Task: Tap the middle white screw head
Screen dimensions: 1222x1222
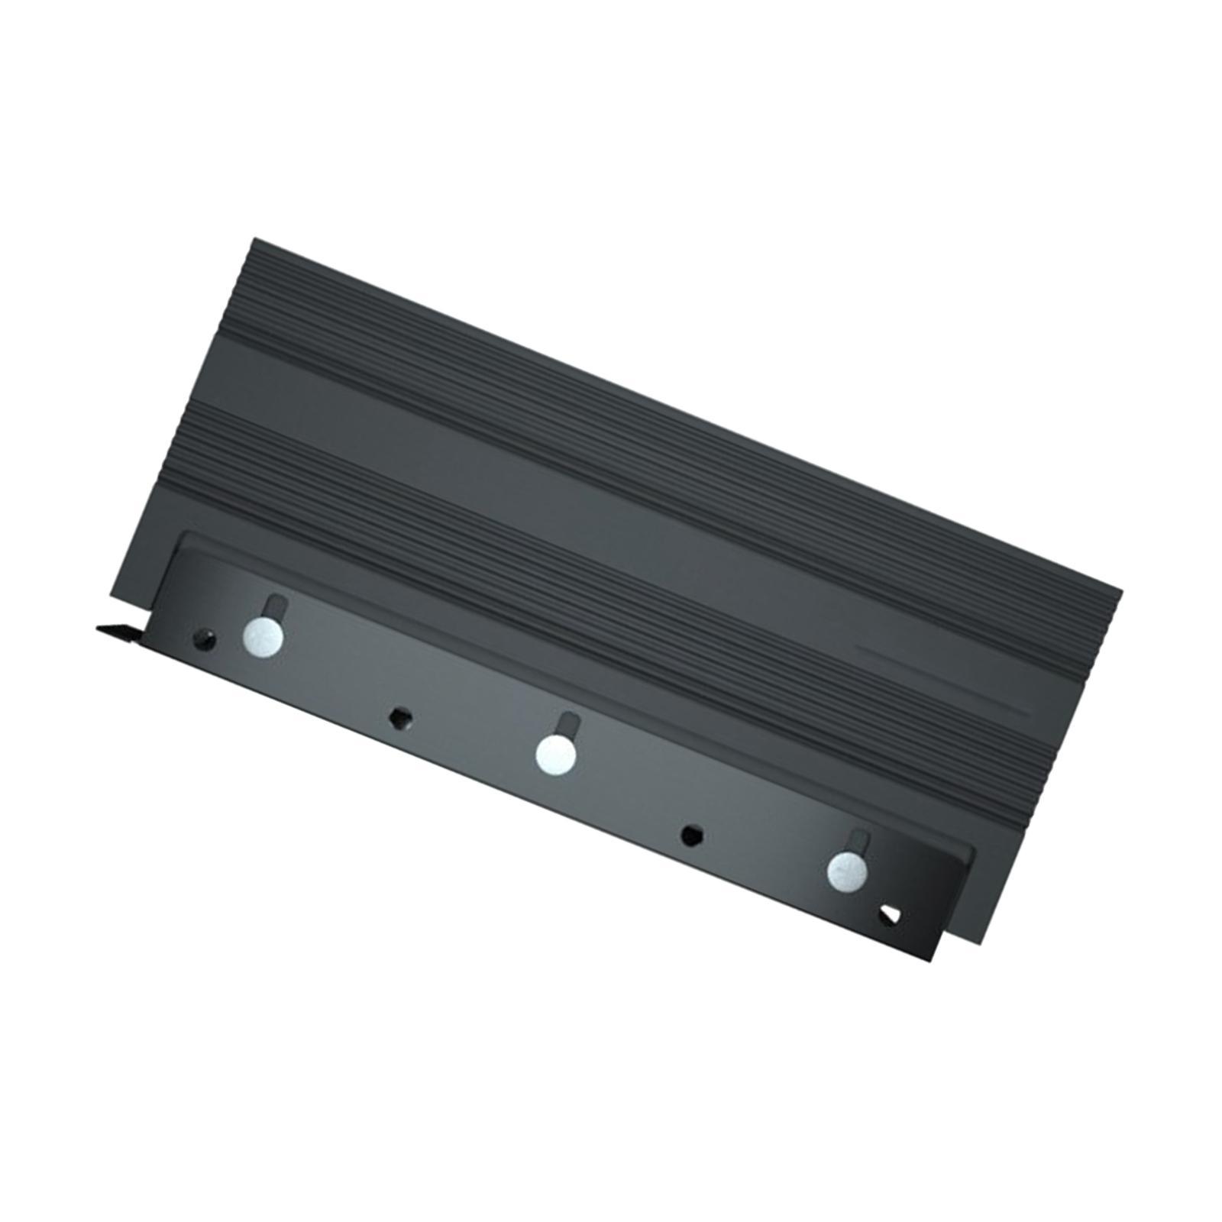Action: [x=555, y=754]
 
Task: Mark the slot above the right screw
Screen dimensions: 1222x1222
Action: [x=860, y=840]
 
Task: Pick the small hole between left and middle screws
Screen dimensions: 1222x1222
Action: [x=397, y=717]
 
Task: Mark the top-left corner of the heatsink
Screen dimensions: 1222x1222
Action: [x=254, y=240]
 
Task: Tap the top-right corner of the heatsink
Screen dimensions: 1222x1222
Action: [x=1120, y=590]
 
